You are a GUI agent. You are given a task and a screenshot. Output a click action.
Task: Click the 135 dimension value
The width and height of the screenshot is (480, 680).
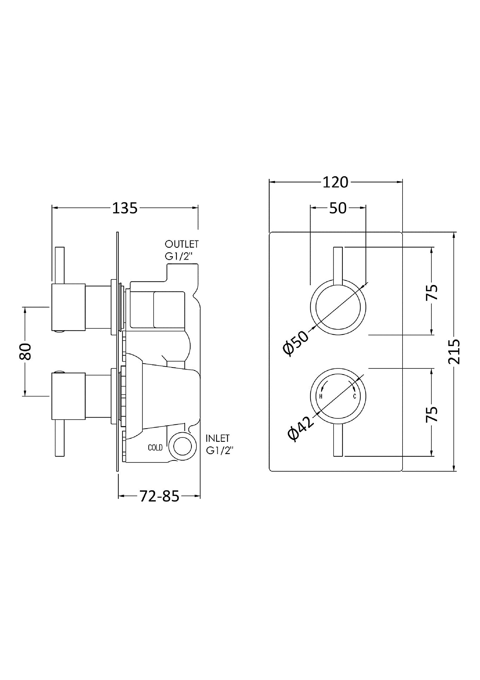pos(125,208)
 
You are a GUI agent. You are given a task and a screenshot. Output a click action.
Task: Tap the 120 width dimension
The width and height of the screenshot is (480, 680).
pos(335,182)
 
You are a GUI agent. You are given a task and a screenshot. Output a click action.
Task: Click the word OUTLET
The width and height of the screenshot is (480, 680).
pos(182,244)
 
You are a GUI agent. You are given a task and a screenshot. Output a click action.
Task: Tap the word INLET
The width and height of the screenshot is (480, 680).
pos(218,438)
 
